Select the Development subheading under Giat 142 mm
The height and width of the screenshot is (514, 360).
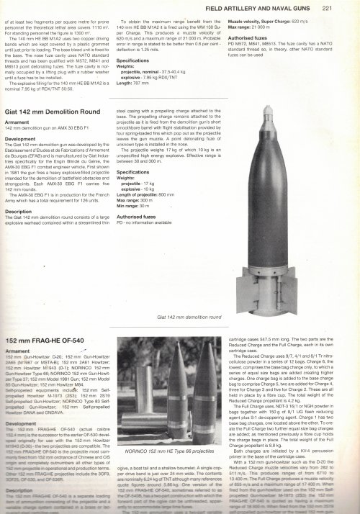[x=22, y=138]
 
